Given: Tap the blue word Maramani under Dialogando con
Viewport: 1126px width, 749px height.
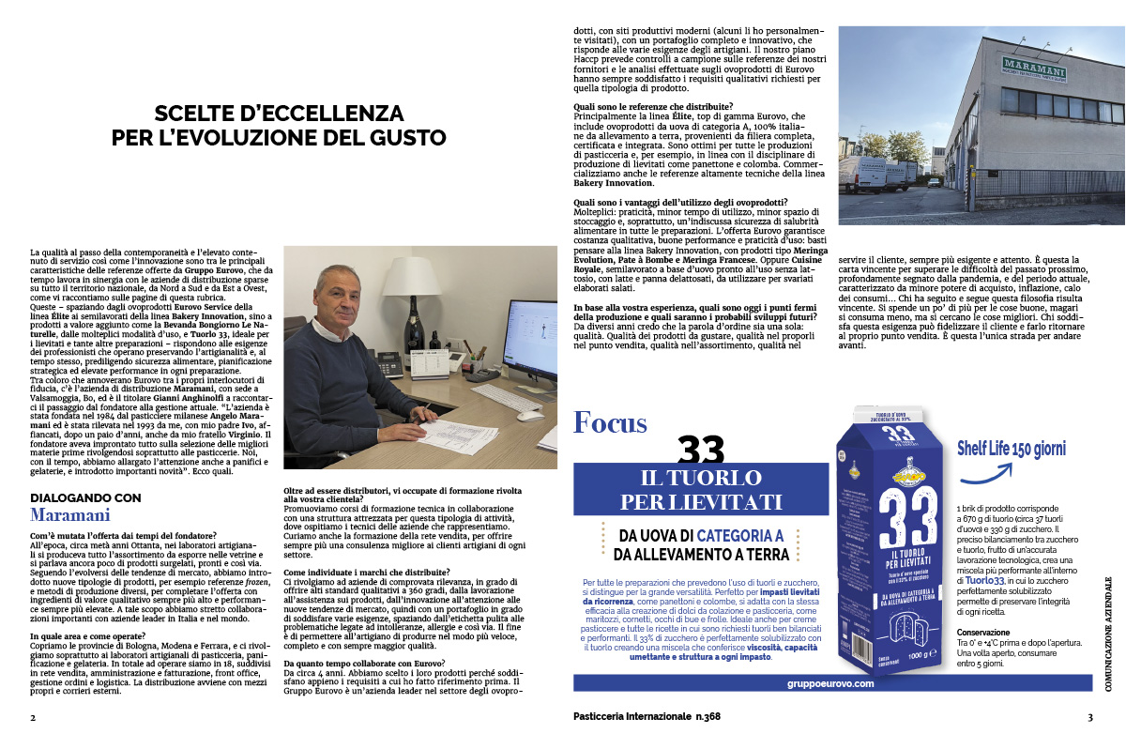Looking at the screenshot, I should (x=70, y=515).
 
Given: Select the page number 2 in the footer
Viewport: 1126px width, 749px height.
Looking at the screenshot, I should (x=33, y=718).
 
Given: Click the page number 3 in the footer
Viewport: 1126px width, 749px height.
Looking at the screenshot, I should (x=1090, y=718).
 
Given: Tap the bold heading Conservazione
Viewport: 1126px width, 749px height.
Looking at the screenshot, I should (x=984, y=632).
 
